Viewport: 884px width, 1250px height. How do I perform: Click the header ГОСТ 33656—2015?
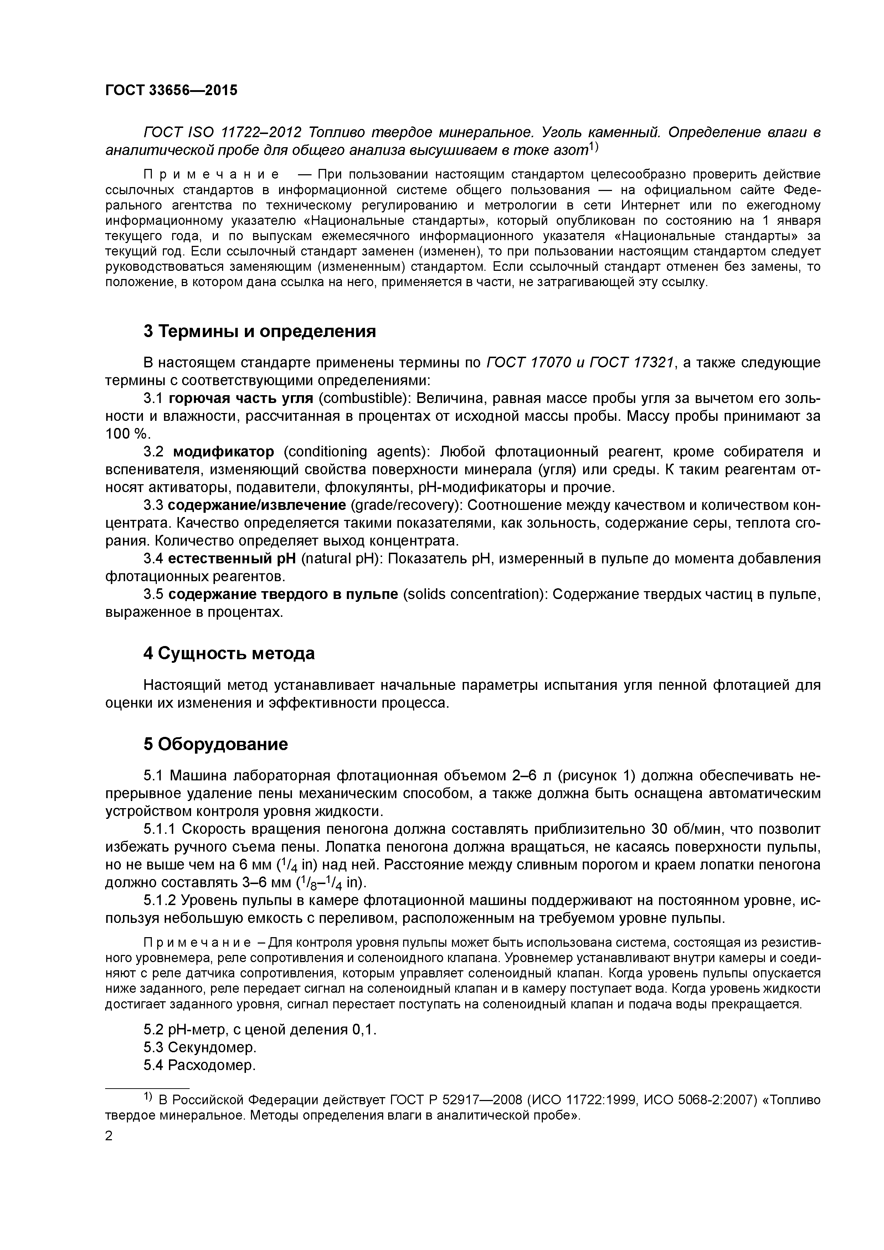pos(171,91)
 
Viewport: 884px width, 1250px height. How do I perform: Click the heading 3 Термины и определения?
pos(260,331)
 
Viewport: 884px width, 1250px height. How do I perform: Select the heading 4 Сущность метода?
pos(229,653)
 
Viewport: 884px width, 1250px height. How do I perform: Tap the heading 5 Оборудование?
pos(216,744)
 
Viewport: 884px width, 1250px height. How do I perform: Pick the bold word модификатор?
pos(224,452)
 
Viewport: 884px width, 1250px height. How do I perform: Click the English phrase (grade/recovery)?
pos(406,505)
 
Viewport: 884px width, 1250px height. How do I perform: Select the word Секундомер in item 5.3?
pos(212,1047)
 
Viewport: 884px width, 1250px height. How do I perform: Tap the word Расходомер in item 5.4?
pos(211,1065)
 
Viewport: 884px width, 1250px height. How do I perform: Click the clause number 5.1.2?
pos(160,900)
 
